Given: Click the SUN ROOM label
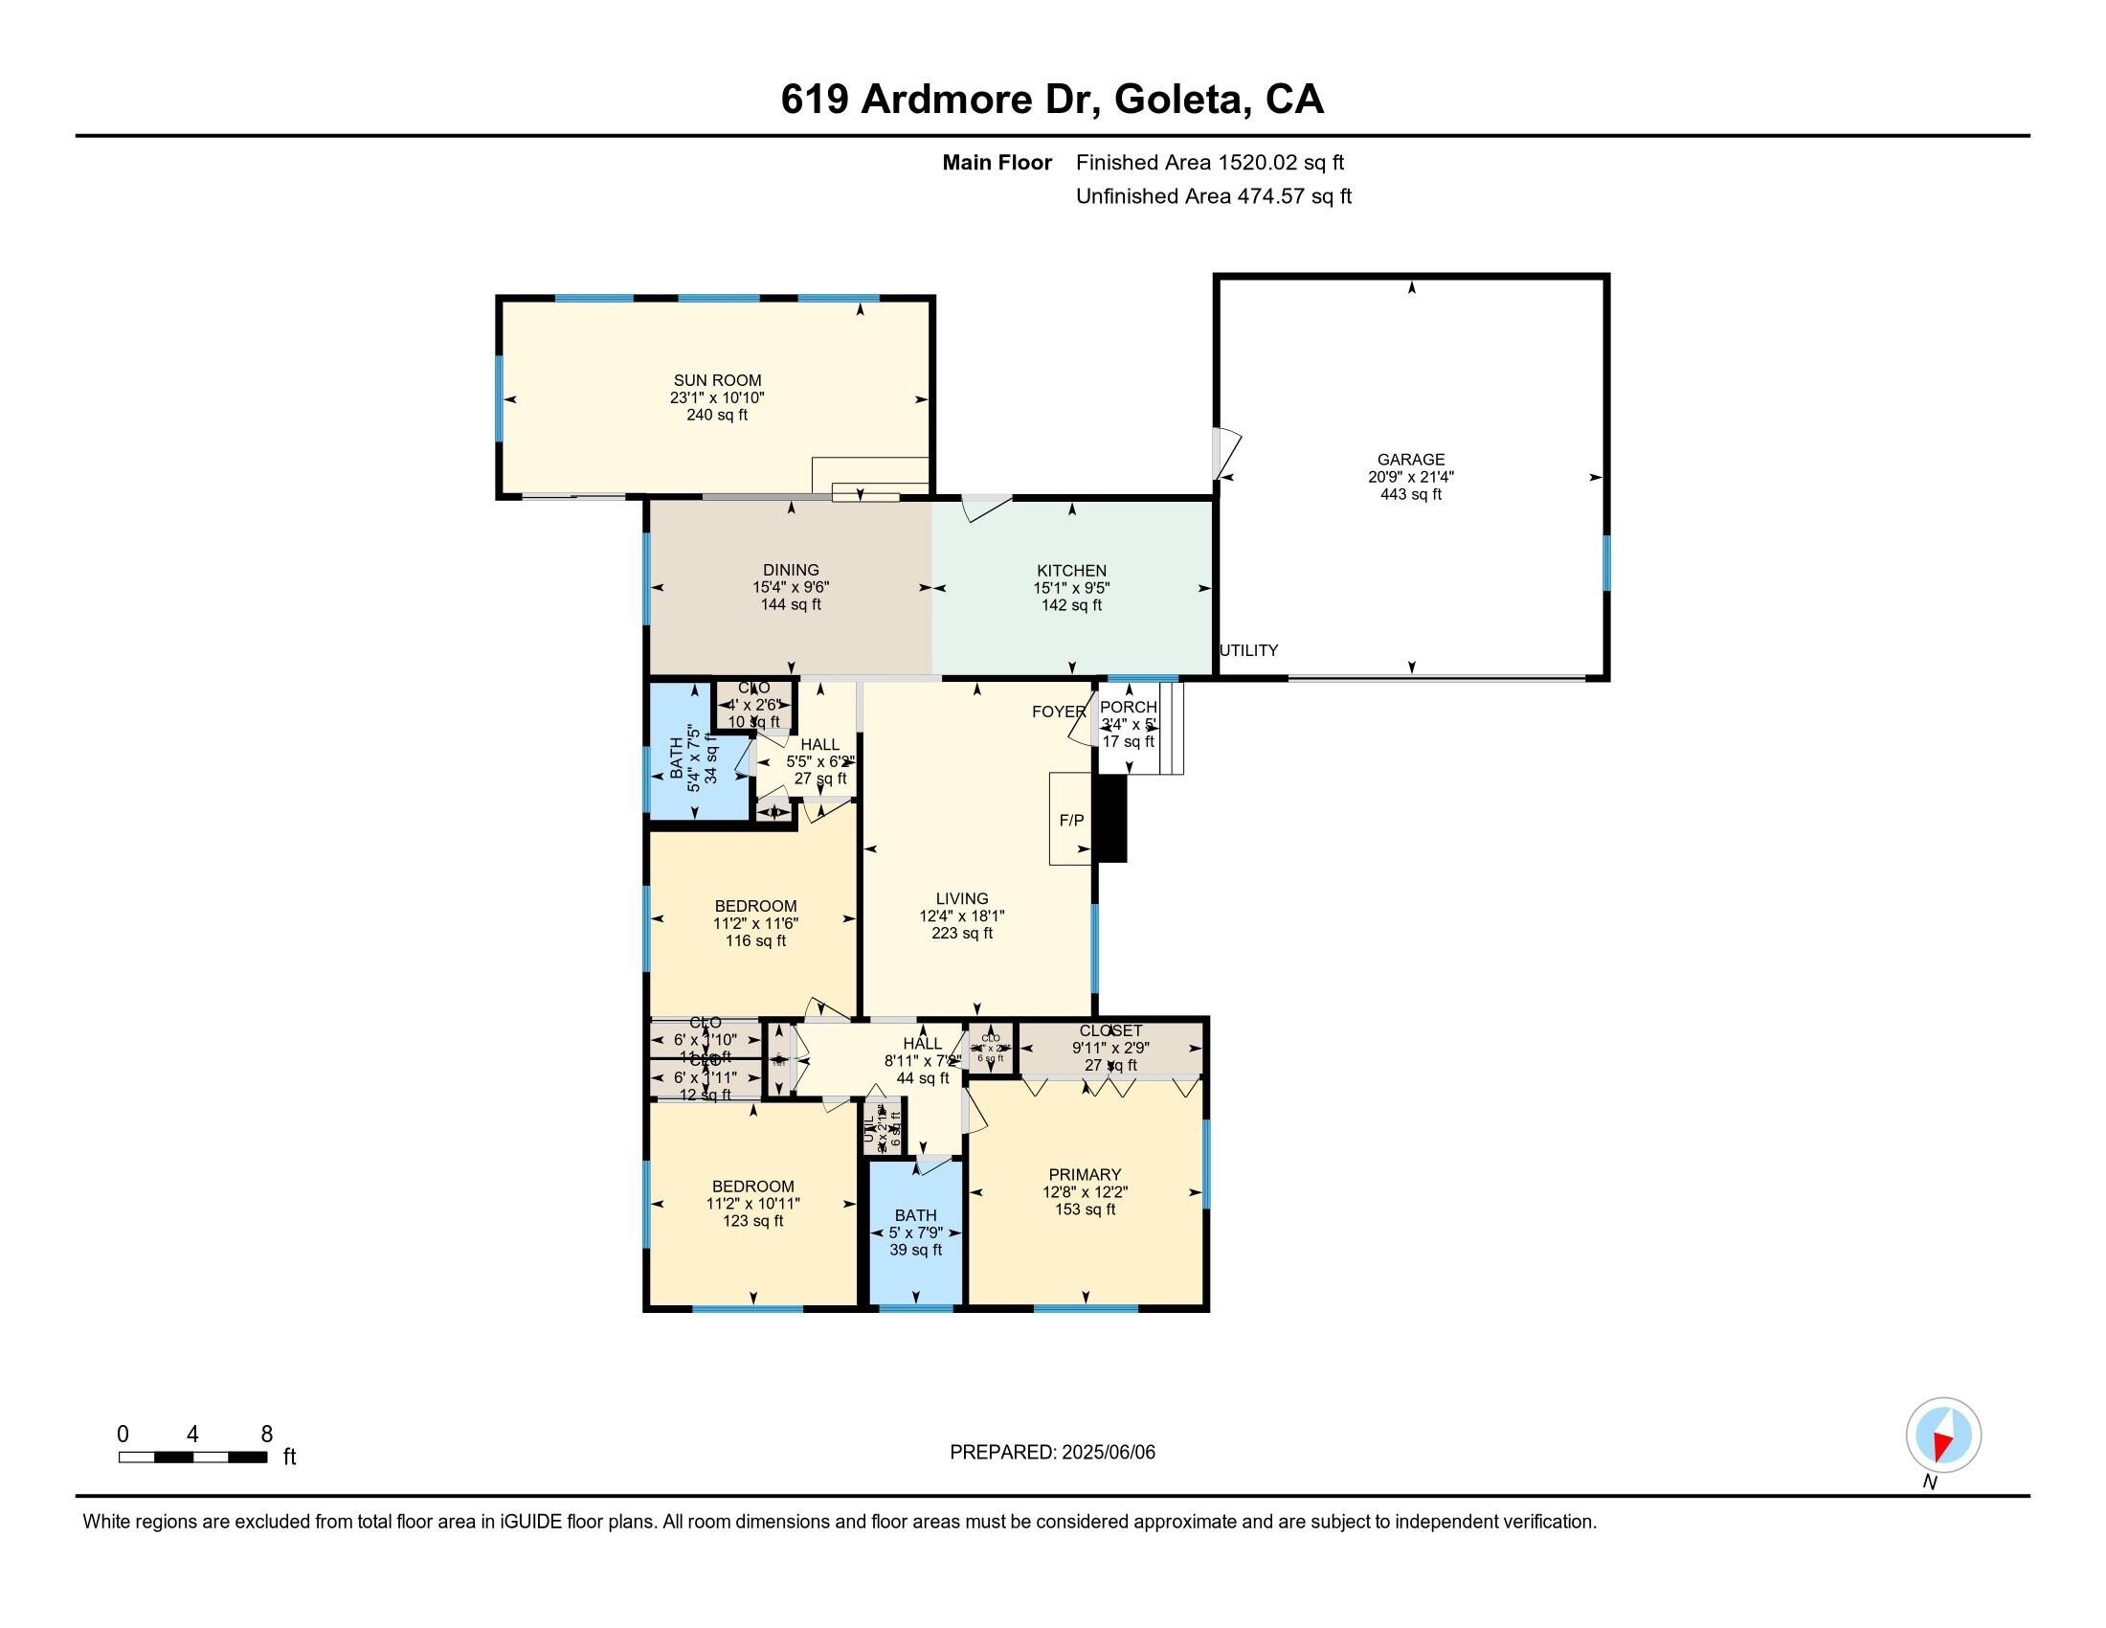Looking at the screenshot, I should pos(716,380).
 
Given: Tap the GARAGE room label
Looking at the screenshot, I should pos(1410,459).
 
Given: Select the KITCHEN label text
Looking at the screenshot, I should pos(1070,570).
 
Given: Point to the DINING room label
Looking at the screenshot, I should pos(791,570).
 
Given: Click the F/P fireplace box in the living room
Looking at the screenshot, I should pos(1070,820).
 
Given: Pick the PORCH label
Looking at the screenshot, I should pos(1128,707).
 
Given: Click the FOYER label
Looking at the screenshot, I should pos(1058,712).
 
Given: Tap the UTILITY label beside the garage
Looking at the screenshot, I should pos(1248,650).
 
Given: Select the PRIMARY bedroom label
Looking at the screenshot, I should pos(1085,1174).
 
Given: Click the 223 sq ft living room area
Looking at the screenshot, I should pos(961,933).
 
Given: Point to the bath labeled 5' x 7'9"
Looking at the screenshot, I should pos(915,1232).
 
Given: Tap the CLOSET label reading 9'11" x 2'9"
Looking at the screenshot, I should pos(1110,1031).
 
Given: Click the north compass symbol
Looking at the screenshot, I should pos(1943,1436).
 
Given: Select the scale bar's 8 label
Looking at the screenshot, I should pos(267,1435).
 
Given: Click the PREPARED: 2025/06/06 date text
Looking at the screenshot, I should pos(1052,1453).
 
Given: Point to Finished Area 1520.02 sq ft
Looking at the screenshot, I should pos(1209,163).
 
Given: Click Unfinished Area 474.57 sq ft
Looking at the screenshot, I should pos(1213,196).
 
